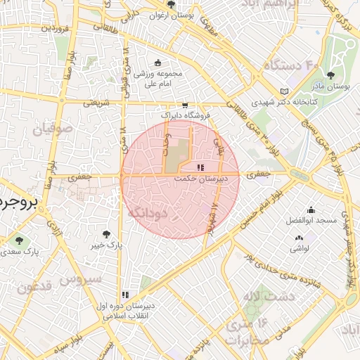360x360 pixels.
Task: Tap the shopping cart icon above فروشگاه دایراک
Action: click(x=185, y=103)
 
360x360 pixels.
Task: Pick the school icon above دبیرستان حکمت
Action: click(x=200, y=168)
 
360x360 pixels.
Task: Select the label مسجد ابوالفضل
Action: click(x=312, y=220)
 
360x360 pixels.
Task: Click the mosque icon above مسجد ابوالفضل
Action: click(x=311, y=210)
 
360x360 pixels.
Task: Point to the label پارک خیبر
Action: click(x=106, y=246)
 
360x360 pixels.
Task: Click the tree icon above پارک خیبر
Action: click(x=106, y=234)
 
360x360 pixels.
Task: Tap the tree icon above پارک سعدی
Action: click(x=19, y=240)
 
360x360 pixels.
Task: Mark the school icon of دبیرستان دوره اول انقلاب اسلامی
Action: click(x=125, y=295)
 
